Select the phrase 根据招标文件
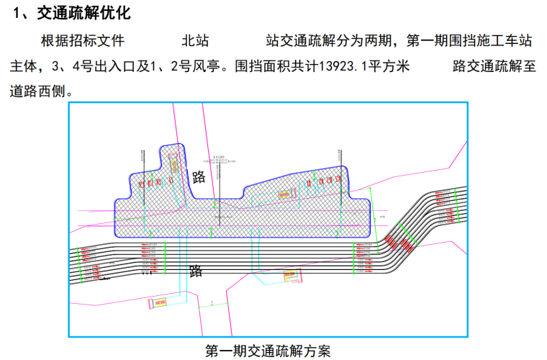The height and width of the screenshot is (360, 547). tap(83, 41)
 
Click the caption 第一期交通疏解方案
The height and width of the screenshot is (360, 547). tap(268, 351)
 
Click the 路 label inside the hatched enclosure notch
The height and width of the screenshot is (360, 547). tap(199, 176)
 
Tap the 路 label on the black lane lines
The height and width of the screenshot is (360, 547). tap(196, 271)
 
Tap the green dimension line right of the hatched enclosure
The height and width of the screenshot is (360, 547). tap(371, 209)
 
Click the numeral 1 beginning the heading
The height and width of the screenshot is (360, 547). tap(19, 12)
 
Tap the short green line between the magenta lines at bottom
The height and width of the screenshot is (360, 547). tap(209, 305)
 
